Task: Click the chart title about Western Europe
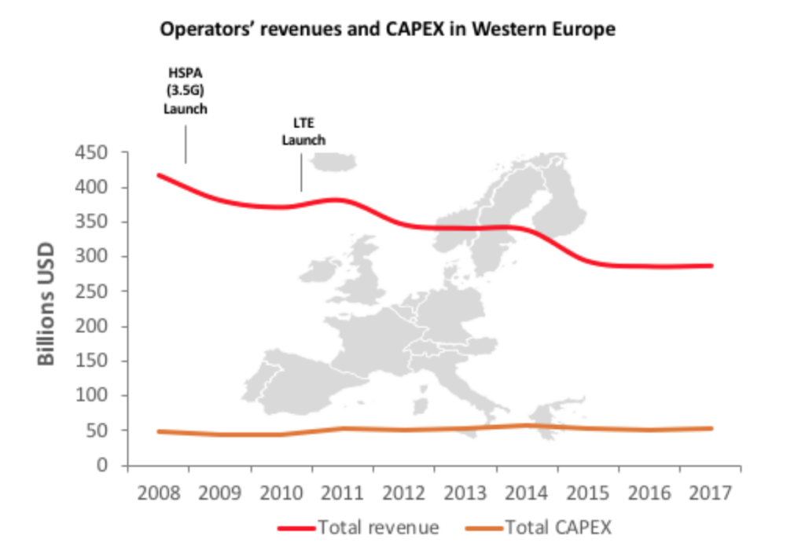pos(388,31)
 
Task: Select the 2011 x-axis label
pos(343,493)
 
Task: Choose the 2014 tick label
pos(527,493)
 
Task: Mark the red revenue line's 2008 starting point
pos(159,175)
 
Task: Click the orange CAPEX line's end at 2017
pos(711,428)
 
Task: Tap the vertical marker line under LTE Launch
pos(302,170)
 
